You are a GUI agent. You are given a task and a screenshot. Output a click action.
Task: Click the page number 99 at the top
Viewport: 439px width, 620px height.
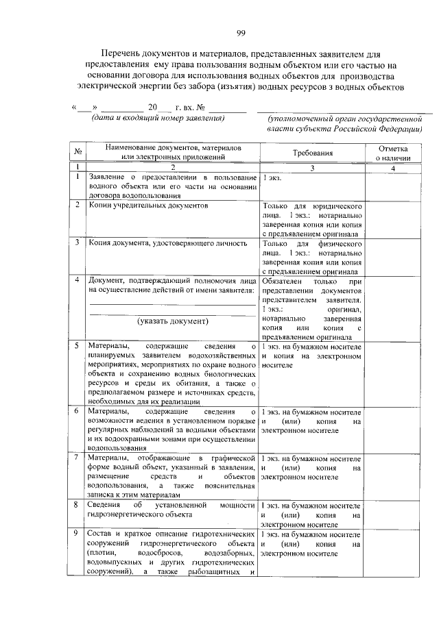coord(241,32)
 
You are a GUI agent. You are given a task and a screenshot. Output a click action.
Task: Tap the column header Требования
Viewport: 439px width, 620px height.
coord(312,153)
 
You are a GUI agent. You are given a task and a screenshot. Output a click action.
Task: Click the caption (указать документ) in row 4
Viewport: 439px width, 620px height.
coord(172,320)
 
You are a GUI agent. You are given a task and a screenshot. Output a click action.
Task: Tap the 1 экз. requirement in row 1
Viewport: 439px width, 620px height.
coord(270,177)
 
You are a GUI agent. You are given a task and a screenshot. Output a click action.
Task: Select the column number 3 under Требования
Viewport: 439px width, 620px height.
coord(312,168)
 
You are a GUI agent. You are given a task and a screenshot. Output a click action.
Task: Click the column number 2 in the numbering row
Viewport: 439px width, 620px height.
coord(173,168)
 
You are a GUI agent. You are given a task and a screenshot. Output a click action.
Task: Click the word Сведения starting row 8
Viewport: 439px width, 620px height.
coord(106,504)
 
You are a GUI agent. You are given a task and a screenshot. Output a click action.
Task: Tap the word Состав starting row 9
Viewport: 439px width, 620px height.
coord(102,534)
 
